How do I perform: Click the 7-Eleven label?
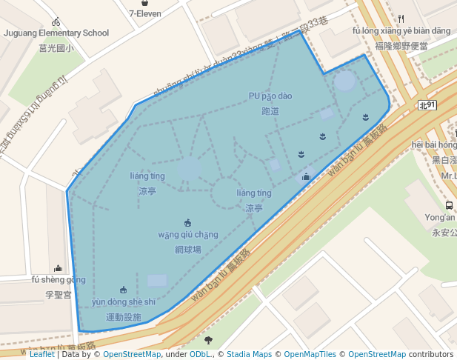coord(146,13)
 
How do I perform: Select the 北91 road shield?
coord(427,106)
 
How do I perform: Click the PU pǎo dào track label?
coord(270,96)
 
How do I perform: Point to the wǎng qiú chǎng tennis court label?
coord(188,235)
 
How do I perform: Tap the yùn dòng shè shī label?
coord(124,302)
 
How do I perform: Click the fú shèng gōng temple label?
coord(58,280)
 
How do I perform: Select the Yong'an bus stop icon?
coord(449,205)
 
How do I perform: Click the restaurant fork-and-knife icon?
coord(401,19)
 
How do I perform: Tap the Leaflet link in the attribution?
coord(41,354)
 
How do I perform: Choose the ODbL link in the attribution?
coord(200,354)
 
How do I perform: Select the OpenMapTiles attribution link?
coord(310,354)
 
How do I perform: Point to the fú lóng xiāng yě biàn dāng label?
coord(401,31)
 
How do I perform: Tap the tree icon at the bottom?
coord(208,340)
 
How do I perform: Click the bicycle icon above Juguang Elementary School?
coord(56,21)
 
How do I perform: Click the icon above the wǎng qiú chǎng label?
coord(188,222)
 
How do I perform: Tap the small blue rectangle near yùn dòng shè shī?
coord(157,281)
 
